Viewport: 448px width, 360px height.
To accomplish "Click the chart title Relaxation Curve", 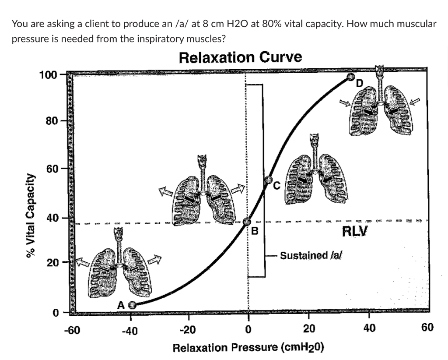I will [240, 57].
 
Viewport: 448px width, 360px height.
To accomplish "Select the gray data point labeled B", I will [247, 222].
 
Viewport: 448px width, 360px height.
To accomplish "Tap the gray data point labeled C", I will [269, 180].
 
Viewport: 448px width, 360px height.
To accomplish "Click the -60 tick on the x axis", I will [72, 329].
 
